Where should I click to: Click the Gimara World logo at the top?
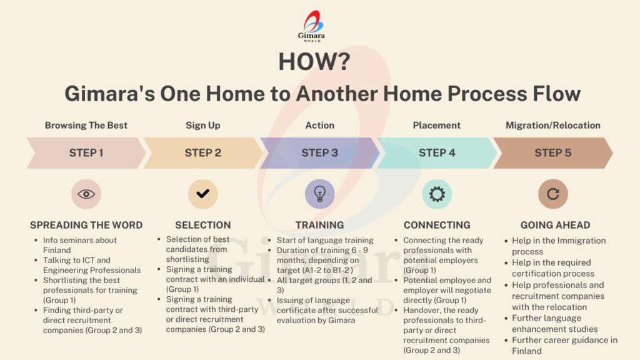tap(311, 26)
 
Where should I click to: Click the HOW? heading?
tap(314, 62)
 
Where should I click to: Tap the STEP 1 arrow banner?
tap(86, 153)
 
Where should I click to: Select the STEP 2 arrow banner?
tap(203, 153)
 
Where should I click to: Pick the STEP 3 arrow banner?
tap(319, 153)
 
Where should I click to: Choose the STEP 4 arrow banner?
tap(437, 153)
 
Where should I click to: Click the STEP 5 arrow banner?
tap(553, 153)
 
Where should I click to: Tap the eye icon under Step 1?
tap(86, 194)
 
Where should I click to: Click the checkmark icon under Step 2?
tap(203, 194)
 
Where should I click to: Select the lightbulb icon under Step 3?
tap(319, 194)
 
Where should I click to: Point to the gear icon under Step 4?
tap(437, 194)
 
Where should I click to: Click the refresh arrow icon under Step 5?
tap(553, 194)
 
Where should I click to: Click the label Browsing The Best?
tap(86, 125)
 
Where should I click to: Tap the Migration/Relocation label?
tap(553, 125)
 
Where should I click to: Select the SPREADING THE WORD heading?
tap(86, 225)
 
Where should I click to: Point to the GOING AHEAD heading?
tap(555, 225)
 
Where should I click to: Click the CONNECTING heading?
tap(437, 225)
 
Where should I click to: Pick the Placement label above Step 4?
tap(437, 125)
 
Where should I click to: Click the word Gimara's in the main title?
tap(110, 94)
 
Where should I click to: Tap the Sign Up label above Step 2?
tap(203, 126)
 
